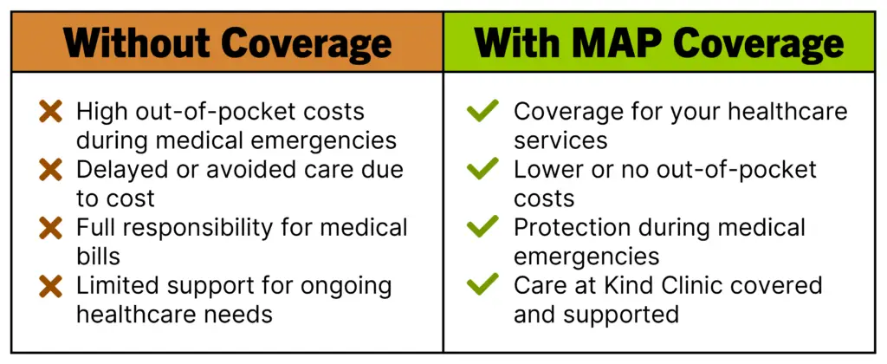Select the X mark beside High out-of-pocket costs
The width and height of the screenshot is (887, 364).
51,111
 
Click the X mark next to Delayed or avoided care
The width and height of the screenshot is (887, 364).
51,169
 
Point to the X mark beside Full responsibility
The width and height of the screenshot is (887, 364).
51,227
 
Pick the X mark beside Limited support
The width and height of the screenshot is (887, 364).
51,285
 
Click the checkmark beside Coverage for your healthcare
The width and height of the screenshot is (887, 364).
482,110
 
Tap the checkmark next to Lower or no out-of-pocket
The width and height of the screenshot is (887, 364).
482,168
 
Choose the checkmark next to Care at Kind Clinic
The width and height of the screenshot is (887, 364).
482,284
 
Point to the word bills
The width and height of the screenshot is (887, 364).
99,256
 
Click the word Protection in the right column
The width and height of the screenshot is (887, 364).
572,227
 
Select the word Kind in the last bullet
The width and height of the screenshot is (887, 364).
651,285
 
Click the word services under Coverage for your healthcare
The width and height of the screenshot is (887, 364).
560,140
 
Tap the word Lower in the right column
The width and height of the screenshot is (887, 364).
547,169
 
